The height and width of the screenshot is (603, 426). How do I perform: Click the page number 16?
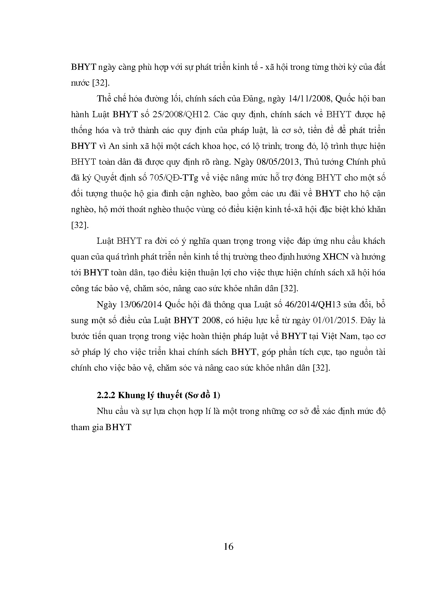tap(228, 546)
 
